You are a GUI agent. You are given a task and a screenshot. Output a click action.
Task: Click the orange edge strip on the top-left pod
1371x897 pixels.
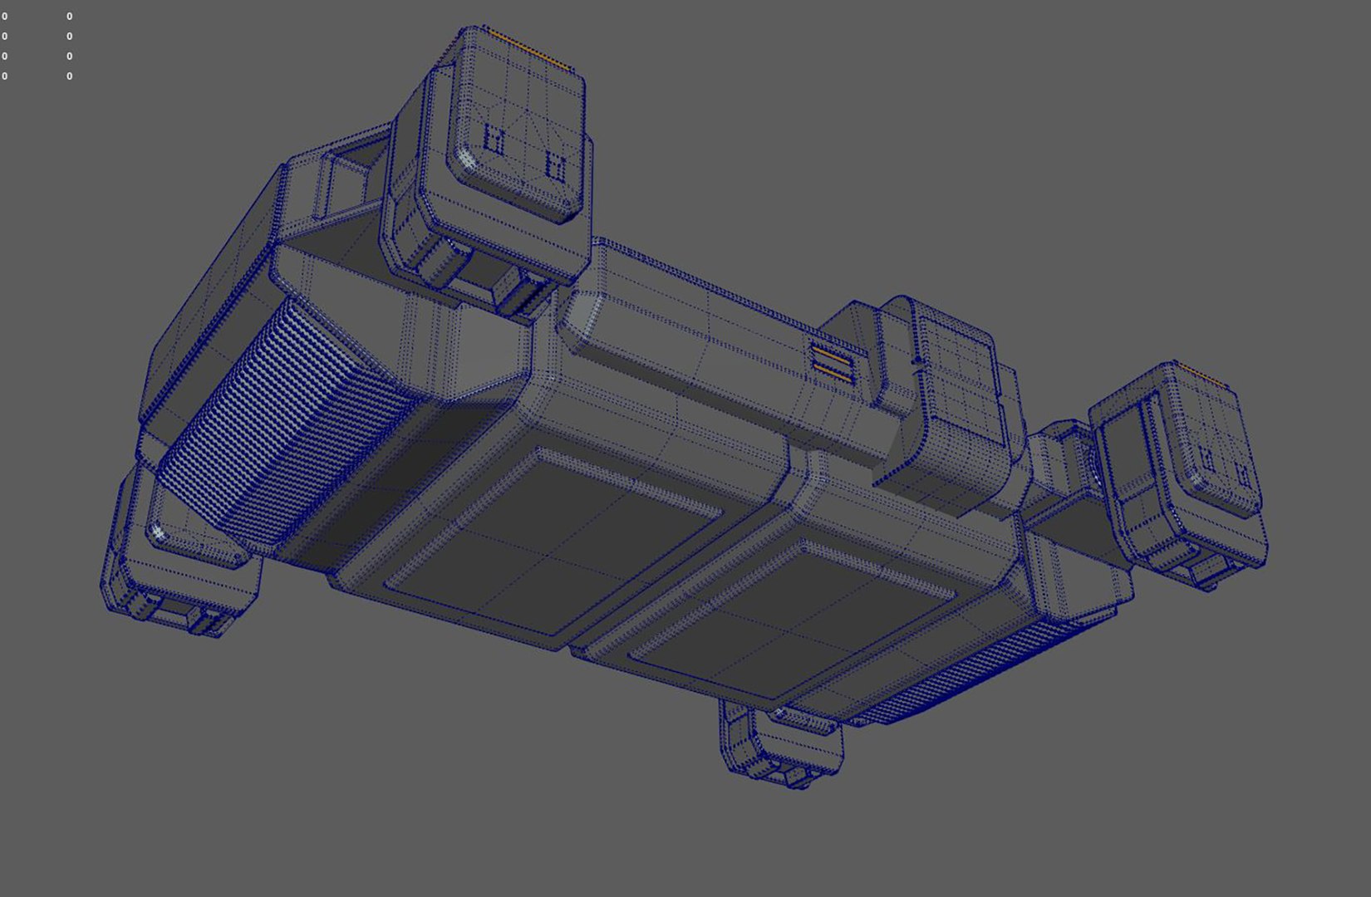click(527, 49)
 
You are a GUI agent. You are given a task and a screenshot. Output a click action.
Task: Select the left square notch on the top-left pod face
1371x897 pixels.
click(494, 140)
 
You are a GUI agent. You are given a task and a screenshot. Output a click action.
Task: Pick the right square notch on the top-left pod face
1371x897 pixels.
click(556, 166)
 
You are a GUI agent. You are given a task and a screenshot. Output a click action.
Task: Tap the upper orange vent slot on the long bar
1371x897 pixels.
click(833, 358)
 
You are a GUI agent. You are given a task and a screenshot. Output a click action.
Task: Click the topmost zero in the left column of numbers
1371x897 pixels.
click(5, 17)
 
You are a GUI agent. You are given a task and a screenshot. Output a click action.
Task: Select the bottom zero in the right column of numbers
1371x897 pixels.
click(69, 76)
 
